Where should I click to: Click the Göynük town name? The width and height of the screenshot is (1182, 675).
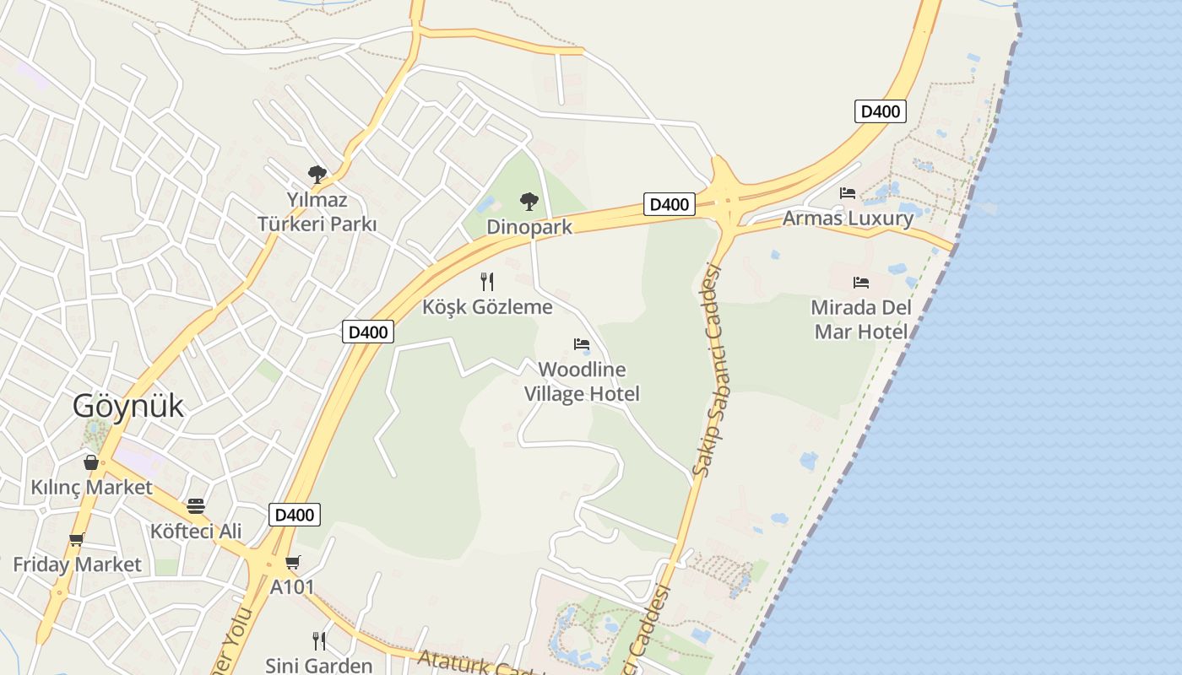[127, 406]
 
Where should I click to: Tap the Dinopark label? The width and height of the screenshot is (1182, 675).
[529, 227]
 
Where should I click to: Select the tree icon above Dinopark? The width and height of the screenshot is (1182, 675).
[529, 202]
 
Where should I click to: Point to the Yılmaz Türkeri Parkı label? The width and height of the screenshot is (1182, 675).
[317, 213]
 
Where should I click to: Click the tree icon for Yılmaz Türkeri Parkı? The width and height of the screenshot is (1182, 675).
[317, 175]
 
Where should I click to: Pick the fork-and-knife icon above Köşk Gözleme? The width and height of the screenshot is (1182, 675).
[486, 281]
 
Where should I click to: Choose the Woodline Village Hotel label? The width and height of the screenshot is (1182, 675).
[582, 381]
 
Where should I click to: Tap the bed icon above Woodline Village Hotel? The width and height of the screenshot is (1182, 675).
[582, 344]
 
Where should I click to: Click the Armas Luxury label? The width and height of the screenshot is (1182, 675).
[848, 219]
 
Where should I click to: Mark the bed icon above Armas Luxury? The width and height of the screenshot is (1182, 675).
[848, 193]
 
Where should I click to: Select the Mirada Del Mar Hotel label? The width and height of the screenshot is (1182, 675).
[861, 319]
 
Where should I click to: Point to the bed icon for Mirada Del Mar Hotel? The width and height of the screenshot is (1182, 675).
[861, 283]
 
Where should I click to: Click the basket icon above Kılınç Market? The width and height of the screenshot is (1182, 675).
[91, 462]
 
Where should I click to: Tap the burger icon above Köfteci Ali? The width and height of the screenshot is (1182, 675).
[196, 506]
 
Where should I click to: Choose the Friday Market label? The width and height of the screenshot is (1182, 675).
[77, 564]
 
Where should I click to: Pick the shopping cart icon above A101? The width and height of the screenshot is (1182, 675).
[293, 562]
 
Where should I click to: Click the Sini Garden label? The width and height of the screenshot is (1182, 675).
[318, 665]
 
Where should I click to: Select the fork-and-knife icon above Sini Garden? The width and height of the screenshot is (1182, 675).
[318, 640]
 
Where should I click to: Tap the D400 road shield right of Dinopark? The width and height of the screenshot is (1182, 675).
[670, 204]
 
